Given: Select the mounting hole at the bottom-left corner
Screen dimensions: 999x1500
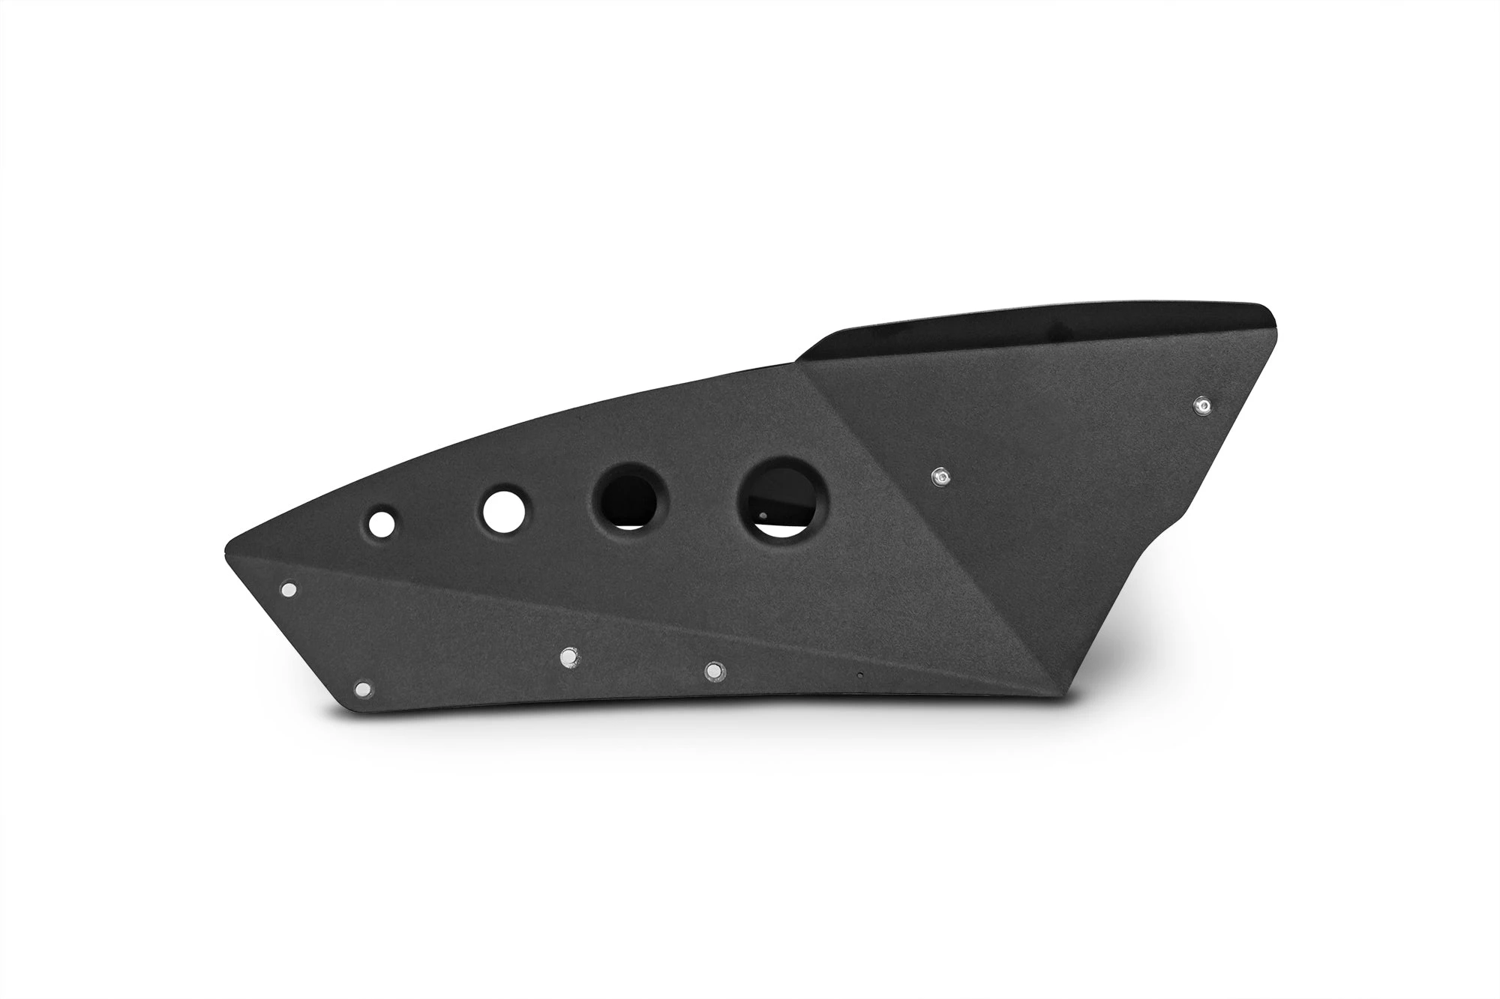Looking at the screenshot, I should click(x=364, y=688).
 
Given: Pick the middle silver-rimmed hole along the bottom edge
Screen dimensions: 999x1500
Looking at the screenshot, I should click(x=571, y=657).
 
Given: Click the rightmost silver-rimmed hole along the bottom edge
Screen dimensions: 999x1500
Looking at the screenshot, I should click(x=714, y=669).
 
